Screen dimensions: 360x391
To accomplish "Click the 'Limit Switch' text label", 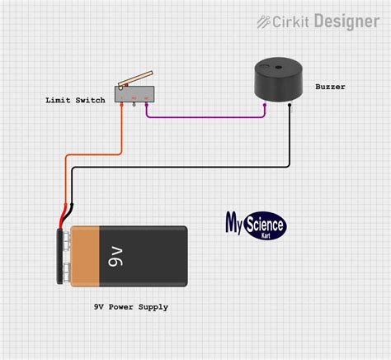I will click(75, 100).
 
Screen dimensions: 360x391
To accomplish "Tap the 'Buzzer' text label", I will click(330, 86).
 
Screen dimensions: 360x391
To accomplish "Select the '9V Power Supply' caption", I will click(130, 306).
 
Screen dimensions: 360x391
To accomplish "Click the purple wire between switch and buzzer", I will click(206, 117).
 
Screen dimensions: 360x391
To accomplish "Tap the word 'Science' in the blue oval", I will click(263, 223).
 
